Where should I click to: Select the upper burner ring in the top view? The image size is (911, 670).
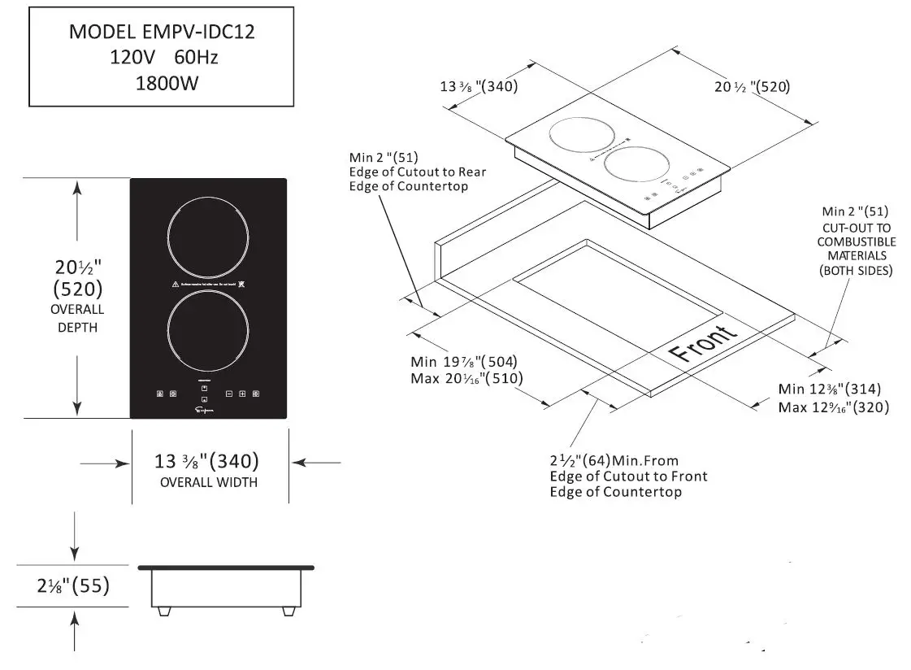(207, 238)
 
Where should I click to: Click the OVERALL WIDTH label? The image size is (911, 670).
(208, 482)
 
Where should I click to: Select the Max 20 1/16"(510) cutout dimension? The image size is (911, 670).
(466, 378)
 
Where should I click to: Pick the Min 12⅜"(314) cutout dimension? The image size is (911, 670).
(829, 389)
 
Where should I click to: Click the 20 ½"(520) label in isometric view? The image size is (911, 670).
(753, 87)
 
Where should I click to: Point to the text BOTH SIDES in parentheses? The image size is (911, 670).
(856, 271)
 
